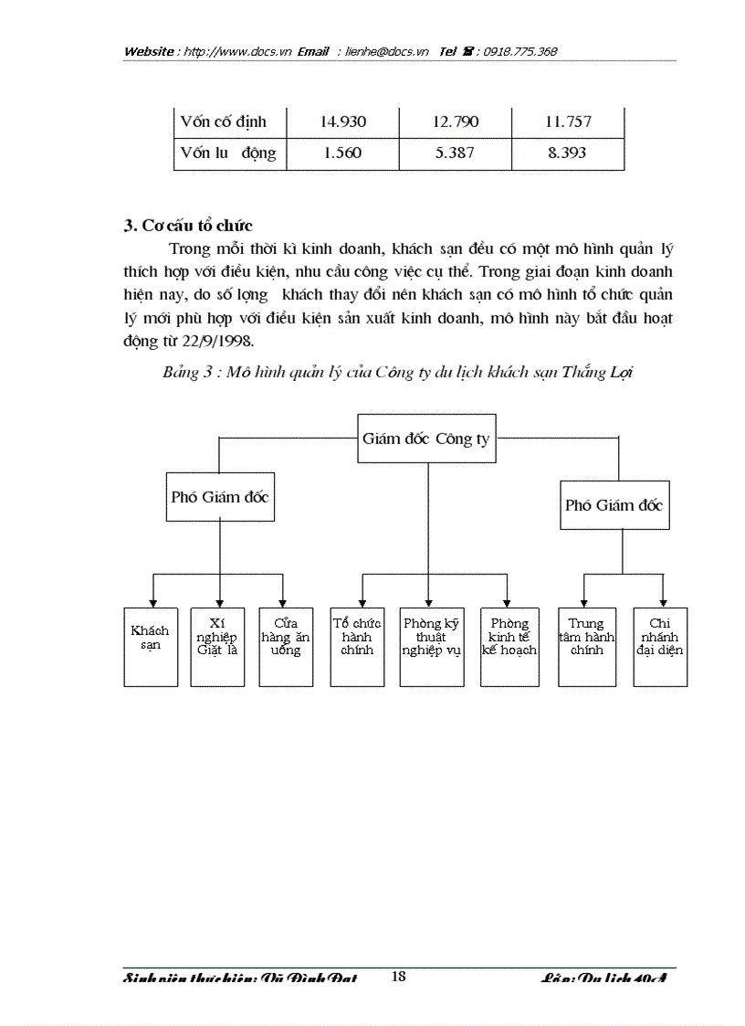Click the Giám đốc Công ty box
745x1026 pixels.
pyautogui.click(x=426, y=439)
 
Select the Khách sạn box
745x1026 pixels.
pyautogui.click(x=151, y=646)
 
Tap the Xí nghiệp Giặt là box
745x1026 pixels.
pyautogui.click(x=217, y=646)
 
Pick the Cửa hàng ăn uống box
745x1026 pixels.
pyautogui.click(x=286, y=646)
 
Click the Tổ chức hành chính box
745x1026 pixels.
pyautogui.click(x=357, y=646)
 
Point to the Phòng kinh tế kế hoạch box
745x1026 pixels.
pyautogui.click(x=509, y=646)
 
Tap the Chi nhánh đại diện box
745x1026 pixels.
pyautogui.click(x=660, y=646)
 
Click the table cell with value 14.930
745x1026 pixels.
pyautogui.click(x=343, y=122)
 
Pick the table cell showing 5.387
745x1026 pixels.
pyautogui.click(x=455, y=153)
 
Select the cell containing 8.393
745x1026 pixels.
pyautogui.click(x=567, y=153)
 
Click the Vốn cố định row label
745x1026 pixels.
pyautogui.click(x=229, y=122)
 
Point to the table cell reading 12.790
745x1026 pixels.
pyautogui.click(x=455, y=122)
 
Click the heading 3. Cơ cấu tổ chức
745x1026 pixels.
pyautogui.click(x=188, y=225)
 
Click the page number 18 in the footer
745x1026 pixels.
pyautogui.click(x=398, y=976)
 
